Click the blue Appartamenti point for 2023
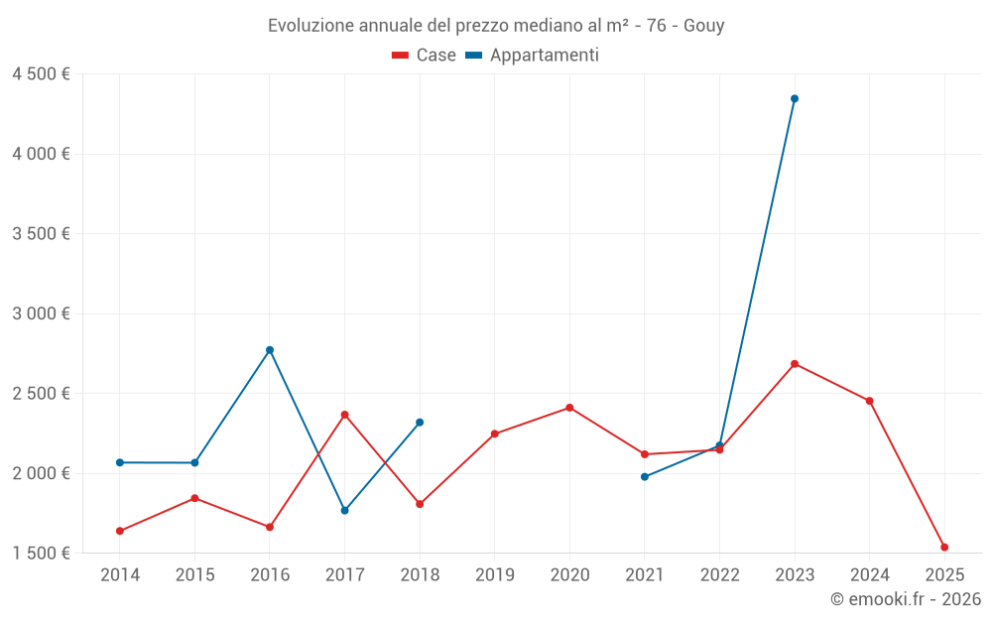(x=795, y=98)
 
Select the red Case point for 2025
(x=944, y=547)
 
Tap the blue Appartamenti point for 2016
(x=270, y=349)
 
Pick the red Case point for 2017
(x=344, y=415)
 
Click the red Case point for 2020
(x=569, y=408)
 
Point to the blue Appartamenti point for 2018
(x=420, y=423)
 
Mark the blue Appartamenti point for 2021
(x=645, y=477)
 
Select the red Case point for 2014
(x=120, y=531)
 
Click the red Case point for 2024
(x=870, y=401)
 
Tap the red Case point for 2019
(x=495, y=434)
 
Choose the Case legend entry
(x=425, y=56)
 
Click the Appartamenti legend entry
(x=533, y=56)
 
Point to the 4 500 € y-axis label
(x=41, y=74)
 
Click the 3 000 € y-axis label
(x=41, y=313)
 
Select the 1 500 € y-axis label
(x=41, y=553)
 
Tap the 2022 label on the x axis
(x=719, y=574)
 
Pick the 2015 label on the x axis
(x=194, y=574)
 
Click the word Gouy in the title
(x=704, y=25)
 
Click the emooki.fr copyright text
(x=906, y=599)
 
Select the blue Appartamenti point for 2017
(x=344, y=510)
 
